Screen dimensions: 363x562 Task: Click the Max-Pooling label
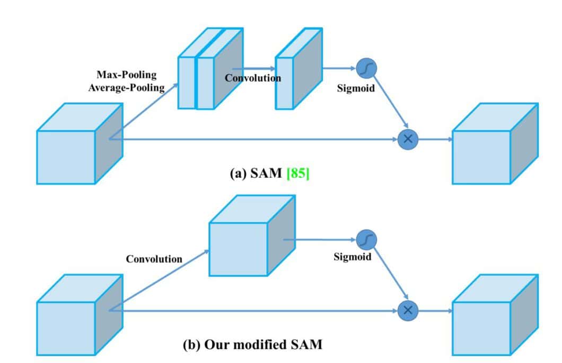click(x=126, y=75)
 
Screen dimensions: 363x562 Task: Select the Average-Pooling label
click(x=126, y=87)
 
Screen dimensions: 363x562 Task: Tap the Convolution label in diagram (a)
click(x=253, y=78)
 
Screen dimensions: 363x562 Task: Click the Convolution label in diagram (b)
click(x=154, y=259)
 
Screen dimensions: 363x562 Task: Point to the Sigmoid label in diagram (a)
click(x=356, y=88)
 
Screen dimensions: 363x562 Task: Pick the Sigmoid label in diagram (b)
click(x=352, y=257)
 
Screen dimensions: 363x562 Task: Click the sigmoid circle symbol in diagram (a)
click(x=365, y=68)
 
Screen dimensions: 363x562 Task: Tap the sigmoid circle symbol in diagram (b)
click(x=365, y=240)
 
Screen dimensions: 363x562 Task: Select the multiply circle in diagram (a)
click(x=408, y=139)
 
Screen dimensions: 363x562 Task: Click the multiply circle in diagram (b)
click(x=408, y=310)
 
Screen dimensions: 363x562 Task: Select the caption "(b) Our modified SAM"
click(x=252, y=344)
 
